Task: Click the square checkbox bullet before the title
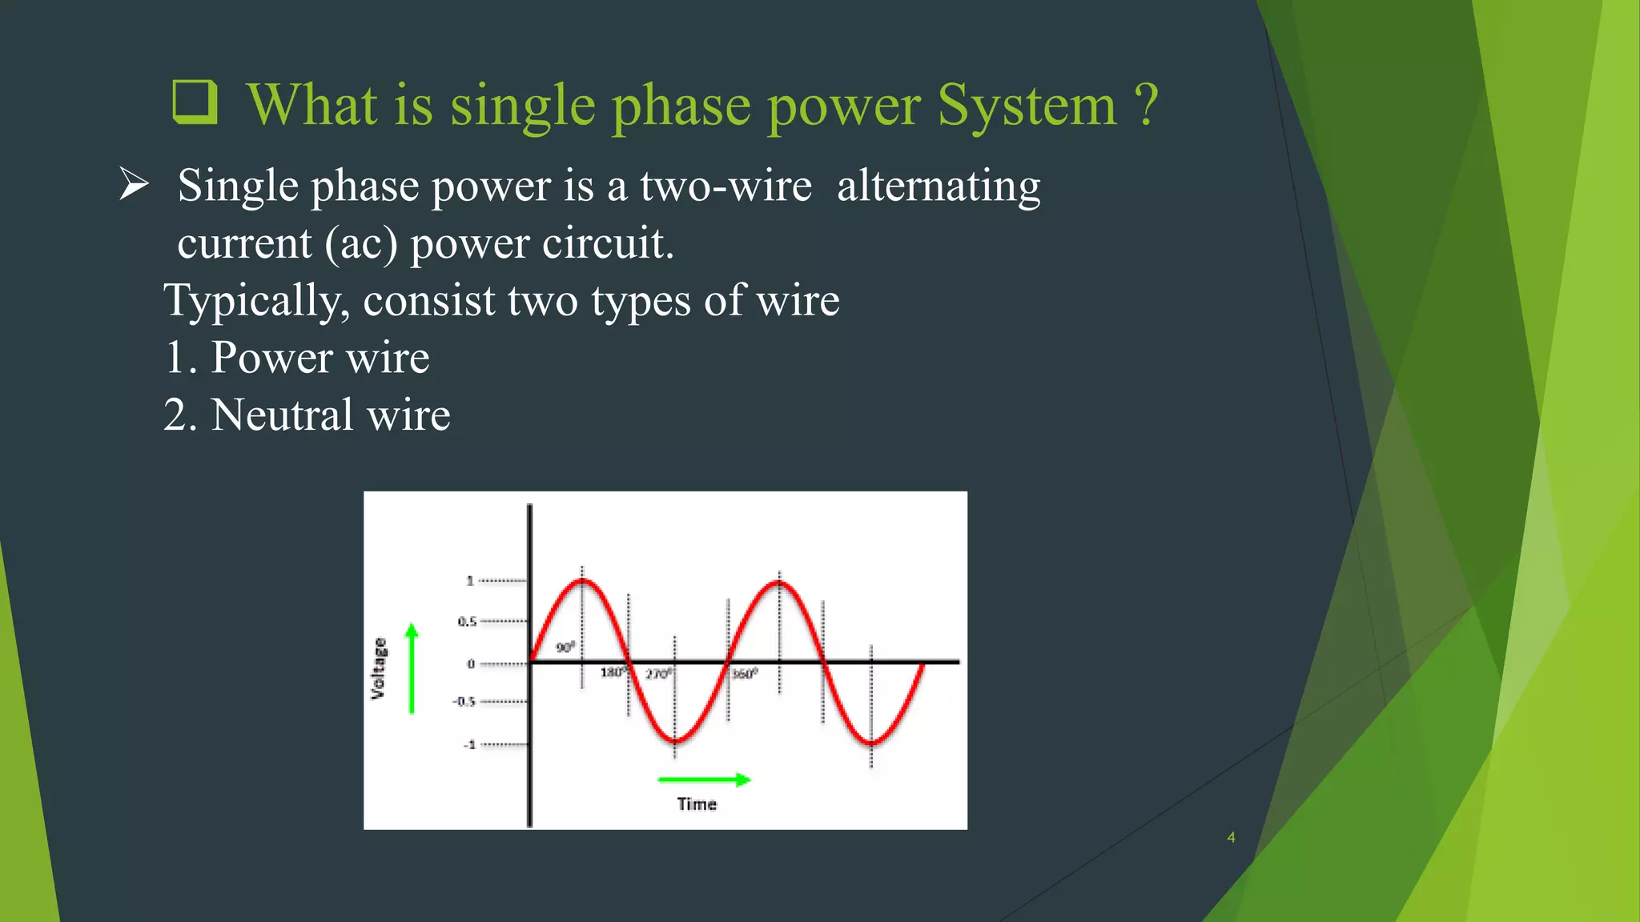pos(195,102)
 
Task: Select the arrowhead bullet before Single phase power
pos(134,185)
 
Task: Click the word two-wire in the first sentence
pos(726,186)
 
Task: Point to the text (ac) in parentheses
pos(361,243)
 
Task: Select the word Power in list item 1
pos(271,357)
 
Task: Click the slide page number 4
pos(1231,837)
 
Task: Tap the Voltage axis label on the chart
pos(378,668)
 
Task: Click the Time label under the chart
pos(697,804)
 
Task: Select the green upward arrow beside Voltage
pos(412,668)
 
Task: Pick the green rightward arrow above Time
pos(704,780)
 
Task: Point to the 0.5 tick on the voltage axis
pos(467,621)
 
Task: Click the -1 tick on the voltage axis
pos(469,744)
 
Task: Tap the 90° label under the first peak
pos(565,647)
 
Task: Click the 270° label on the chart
pos(658,674)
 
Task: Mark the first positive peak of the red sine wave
pos(582,581)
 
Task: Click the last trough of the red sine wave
pos(871,743)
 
